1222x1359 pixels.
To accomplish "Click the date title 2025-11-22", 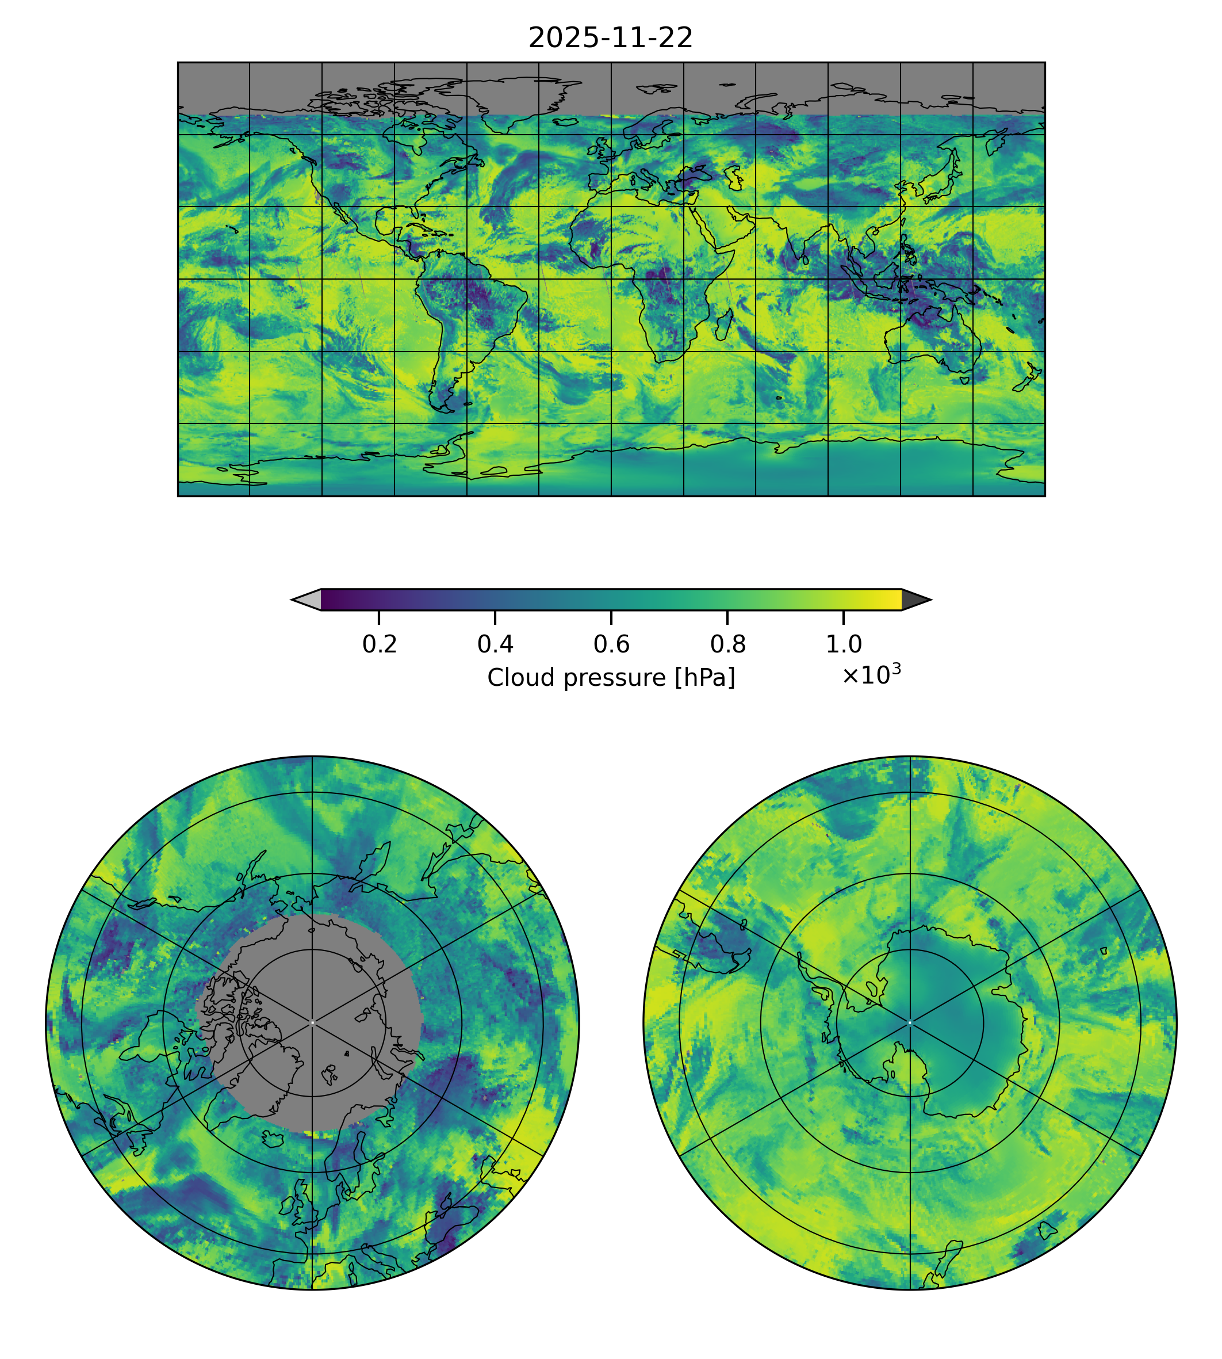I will (610, 39).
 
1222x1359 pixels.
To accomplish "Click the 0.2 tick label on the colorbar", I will (380, 644).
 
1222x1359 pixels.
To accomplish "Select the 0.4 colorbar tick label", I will (496, 644).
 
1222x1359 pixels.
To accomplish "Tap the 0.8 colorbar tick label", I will (728, 644).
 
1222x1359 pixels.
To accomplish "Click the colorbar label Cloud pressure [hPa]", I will (611, 678).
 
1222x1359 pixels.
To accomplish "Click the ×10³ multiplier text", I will (871, 674).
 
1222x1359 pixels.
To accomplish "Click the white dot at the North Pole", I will (312, 1023).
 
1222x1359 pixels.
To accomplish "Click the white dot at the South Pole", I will (910, 1023).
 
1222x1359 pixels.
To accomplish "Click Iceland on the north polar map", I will (273, 1138).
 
